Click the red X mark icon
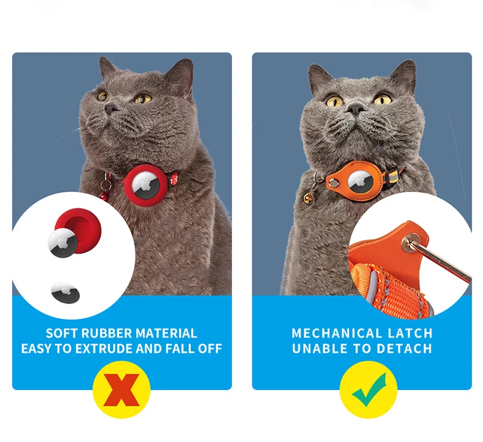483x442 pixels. (x=121, y=390)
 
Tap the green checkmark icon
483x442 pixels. (x=362, y=390)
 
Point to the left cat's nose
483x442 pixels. (x=110, y=107)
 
